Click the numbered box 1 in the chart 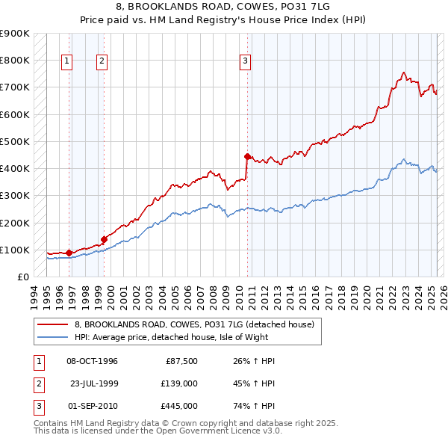(x=67, y=62)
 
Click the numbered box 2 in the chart (x=102, y=62)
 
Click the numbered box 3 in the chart (x=245, y=62)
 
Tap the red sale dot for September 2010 (x=246, y=156)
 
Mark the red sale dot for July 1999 (x=104, y=239)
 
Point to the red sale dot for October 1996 (x=69, y=253)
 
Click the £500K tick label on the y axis (x=15, y=141)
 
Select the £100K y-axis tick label (x=15, y=250)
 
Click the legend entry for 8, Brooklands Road (x=194, y=324)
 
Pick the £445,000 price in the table (x=180, y=406)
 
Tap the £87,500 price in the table (x=181, y=361)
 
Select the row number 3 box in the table (x=37, y=406)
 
